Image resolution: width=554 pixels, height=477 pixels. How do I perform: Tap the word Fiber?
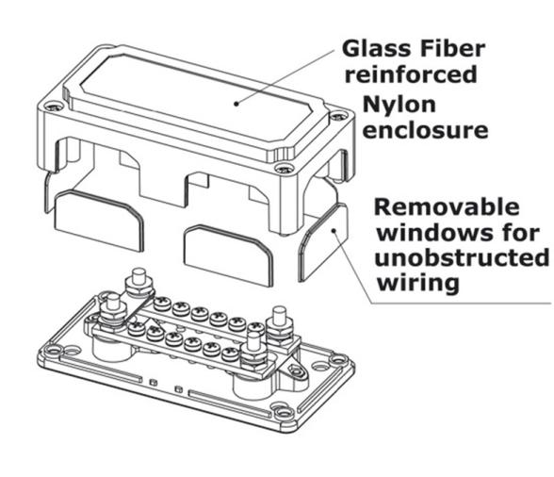448,49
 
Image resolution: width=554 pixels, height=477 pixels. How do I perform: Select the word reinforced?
411,74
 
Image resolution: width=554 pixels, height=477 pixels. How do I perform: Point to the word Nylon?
399,106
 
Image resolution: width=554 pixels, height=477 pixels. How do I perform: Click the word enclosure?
425,129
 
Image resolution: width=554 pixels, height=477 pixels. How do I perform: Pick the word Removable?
447,206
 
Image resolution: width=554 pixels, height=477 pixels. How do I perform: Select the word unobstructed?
462,257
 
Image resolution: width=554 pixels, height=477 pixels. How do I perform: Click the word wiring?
418,283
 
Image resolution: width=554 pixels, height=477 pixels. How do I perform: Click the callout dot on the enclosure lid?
236,104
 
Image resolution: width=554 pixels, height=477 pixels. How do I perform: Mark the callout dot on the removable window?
334,231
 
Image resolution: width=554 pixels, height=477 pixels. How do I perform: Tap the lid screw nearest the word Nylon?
338,116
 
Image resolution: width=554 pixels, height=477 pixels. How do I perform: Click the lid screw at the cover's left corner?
53,107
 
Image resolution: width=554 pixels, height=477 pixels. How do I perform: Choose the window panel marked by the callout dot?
323,242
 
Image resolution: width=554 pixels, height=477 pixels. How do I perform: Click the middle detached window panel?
228,255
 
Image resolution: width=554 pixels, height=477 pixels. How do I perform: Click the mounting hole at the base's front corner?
282,412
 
